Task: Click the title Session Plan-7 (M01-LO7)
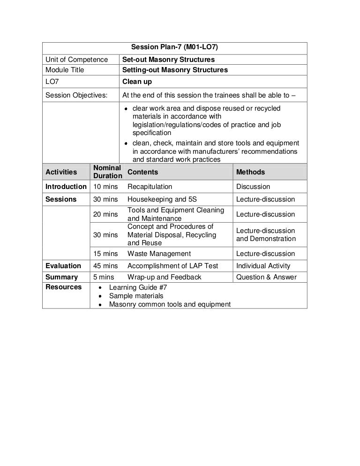(x=174, y=47)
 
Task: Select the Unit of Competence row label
(x=76, y=60)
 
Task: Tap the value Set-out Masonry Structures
(x=168, y=60)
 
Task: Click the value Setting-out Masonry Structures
(x=175, y=70)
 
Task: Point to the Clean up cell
(x=137, y=82)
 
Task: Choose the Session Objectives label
(x=76, y=95)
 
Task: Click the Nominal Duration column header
(x=107, y=172)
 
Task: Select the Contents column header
(x=142, y=172)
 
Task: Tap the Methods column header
(x=250, y=172)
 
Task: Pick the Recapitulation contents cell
(x=150, y=187)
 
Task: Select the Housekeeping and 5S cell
(x=162, y=199)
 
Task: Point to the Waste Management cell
(x=159, y=254)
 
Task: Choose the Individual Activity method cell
(x=263, y=266)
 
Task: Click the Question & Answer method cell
(x=266, y=277)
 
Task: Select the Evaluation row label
(x=63, y=266)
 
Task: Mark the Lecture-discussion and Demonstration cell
(x=266, y=234)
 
